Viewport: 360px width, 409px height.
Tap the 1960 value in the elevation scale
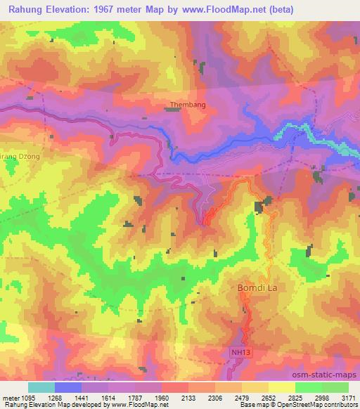tap(161, 398)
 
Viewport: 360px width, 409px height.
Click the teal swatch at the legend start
tap(41, 387)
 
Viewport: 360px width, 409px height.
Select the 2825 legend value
tap(295, 398)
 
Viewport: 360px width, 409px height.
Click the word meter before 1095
tap(9, 398)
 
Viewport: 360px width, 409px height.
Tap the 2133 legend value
tap(188, 398)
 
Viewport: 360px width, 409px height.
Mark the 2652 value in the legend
tap(268, 398)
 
